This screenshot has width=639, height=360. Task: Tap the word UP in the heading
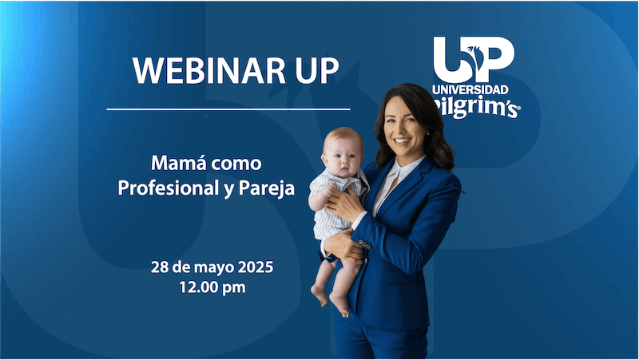coord(311,70)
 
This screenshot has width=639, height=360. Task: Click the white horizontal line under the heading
coord(228,109)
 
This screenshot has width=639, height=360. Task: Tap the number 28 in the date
coord(160,267)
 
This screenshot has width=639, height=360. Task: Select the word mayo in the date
coord(216,267)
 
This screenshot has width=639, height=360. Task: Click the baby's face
coord(343,156)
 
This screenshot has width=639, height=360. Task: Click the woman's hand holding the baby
coord(344,205)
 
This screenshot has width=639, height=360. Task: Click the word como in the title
coord(239,164)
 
